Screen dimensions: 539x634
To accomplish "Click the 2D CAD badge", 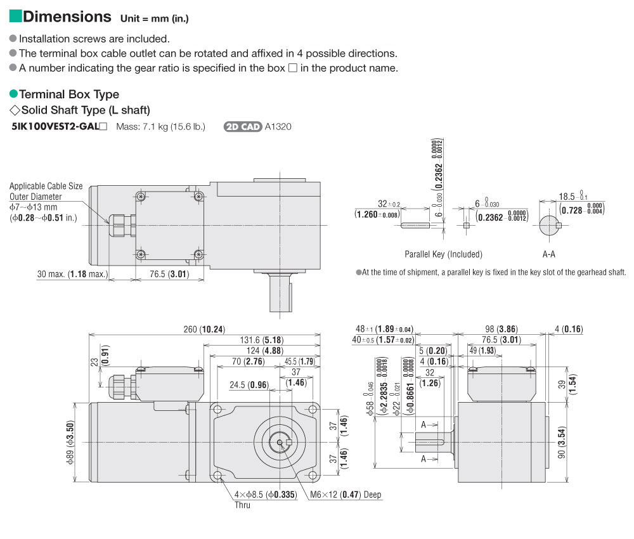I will point(243,127).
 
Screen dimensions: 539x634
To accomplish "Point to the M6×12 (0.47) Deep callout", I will point(346,495).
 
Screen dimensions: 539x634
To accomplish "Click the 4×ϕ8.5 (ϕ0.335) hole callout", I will point(266,495).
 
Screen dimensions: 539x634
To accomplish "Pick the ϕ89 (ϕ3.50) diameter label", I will point(71,442).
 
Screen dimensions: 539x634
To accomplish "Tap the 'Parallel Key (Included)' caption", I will point(443,254).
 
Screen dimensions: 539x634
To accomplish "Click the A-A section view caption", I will point(549,254).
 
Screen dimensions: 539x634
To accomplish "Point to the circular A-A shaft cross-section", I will point(550,225).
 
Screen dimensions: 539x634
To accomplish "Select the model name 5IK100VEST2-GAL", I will point(56,127).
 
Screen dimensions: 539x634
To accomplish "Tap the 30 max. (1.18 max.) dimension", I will point(72,275).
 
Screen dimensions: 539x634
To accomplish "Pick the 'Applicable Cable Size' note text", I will point(46,186).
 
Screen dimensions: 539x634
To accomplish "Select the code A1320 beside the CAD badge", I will point(278,127).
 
